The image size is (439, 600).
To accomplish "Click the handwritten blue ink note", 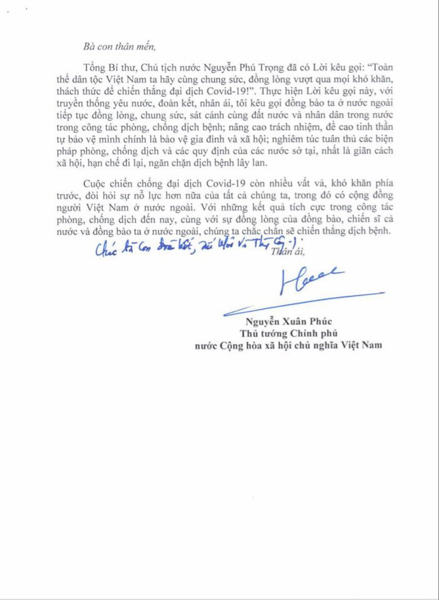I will click(x=193, y=247).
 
